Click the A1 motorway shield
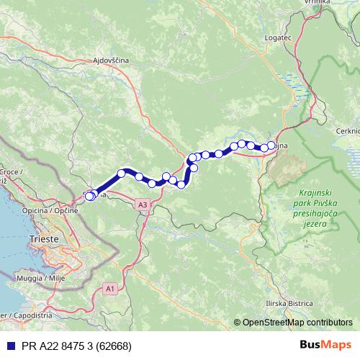[x=109, y=288]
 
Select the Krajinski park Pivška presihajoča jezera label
[x=315, y=209]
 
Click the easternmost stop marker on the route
[x=271, y=145]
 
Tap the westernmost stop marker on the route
[x=89, y=196]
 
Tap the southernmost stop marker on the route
[x=89, y=197]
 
